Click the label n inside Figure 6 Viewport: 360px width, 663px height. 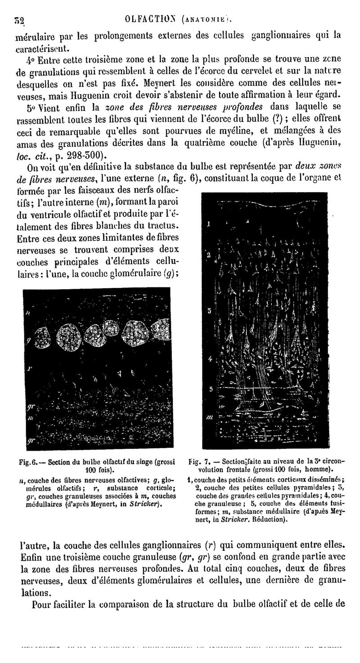click(x=27, y=313)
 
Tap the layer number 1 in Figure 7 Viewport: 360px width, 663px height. click(x=209, y=224)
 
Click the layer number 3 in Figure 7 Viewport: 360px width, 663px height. click(x=209, y=311)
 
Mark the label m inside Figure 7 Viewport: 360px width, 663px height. click(x=209, y=417)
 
